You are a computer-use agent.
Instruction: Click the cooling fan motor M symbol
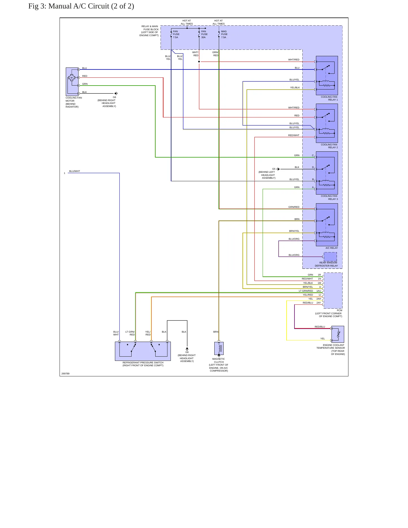click(71, 78)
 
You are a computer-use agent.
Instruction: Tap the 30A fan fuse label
click(204, 34)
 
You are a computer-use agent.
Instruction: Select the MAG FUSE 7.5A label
click(224, 34)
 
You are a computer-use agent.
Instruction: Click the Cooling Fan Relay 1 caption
click(329, 98)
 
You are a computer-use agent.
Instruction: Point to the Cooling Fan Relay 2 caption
click(329, 146)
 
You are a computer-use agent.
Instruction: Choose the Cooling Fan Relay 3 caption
click(329, 197)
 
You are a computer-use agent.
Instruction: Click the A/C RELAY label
click(331, 248)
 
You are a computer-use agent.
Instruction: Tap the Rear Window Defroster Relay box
click(330, 257)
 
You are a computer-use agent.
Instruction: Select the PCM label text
click(339, 310)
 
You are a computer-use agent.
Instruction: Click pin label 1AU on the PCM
click(318, 291)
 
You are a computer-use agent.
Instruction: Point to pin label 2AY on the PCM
click(318, 303)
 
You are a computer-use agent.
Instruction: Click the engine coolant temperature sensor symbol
click(338, 334)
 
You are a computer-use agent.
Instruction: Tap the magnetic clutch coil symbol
click(219, 348)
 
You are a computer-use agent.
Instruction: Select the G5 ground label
click(274, 169)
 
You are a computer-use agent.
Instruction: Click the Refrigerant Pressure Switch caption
click(143, 364)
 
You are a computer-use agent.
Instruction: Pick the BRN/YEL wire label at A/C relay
click(294, 231)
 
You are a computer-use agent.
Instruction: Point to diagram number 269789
click(66, 374)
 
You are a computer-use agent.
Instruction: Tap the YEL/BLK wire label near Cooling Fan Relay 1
click(295, 88)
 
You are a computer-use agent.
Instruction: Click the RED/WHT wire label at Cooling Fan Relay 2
click(294, 135)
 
